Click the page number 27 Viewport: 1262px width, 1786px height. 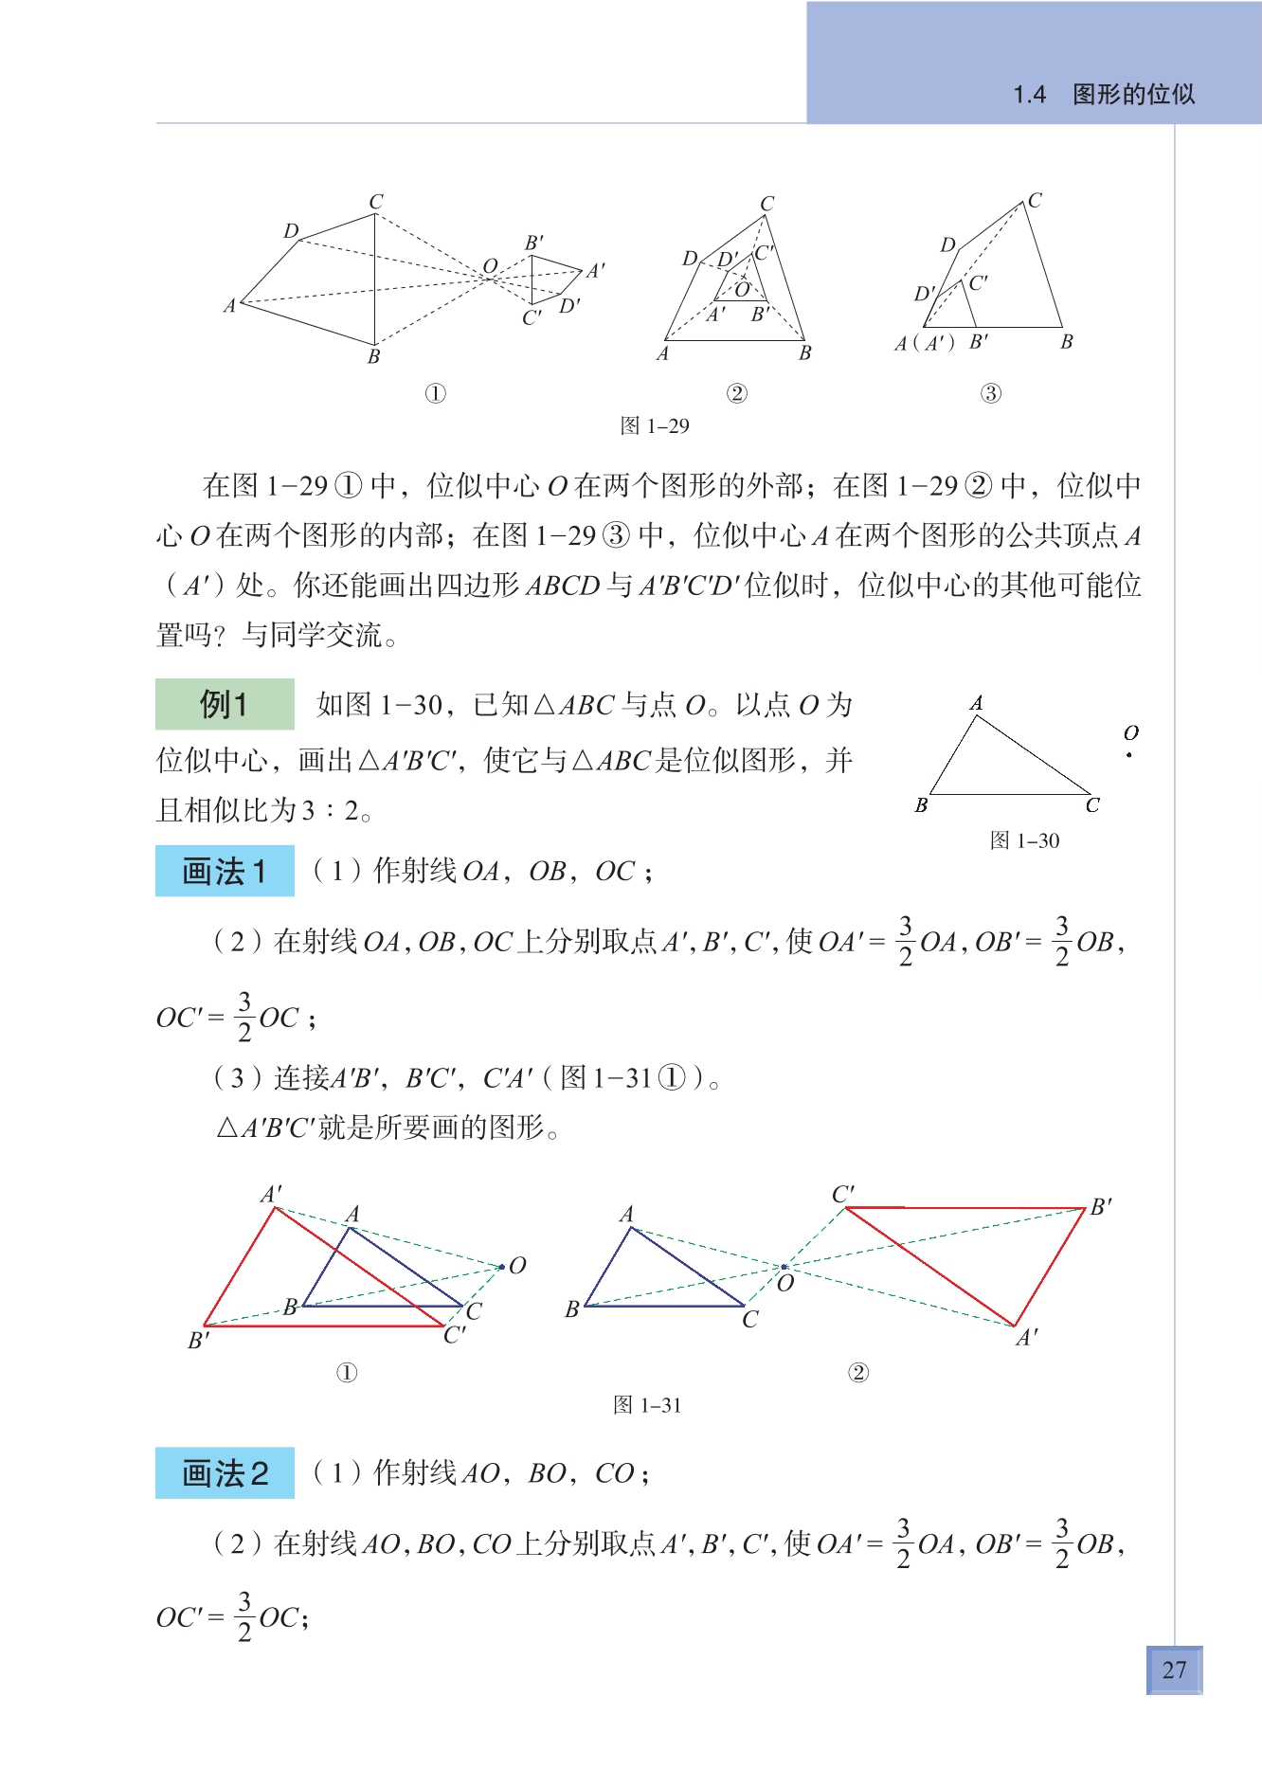(1174, 1669)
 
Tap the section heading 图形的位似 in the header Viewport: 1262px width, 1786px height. (1133, 94)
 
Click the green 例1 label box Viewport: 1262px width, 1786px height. (225, 704)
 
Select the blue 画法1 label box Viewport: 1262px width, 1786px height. (225, 871)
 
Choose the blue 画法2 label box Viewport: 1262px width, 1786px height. (225, 1473)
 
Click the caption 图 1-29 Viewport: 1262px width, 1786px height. (655, 425)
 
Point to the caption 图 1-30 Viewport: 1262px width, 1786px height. (1024, 840)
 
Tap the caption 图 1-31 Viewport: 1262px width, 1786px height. (647, 1405)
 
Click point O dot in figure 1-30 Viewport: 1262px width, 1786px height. (1129, 755)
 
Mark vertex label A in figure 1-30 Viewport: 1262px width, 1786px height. (976, 703)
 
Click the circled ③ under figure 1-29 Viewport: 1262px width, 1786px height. (990, 393)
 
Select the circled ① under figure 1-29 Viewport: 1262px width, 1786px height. (435, 393)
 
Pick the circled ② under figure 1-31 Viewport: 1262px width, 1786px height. (857, 1373)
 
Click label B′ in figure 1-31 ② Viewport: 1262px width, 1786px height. (1101, 1207)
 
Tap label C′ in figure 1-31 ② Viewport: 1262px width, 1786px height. (843, 1194)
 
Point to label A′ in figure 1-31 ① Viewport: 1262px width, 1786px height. (272, 1194)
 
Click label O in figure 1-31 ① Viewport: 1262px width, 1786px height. (517, 1266)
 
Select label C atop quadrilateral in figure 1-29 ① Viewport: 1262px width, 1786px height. (376, 202)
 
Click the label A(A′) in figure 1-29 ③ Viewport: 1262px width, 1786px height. (925, 343)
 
